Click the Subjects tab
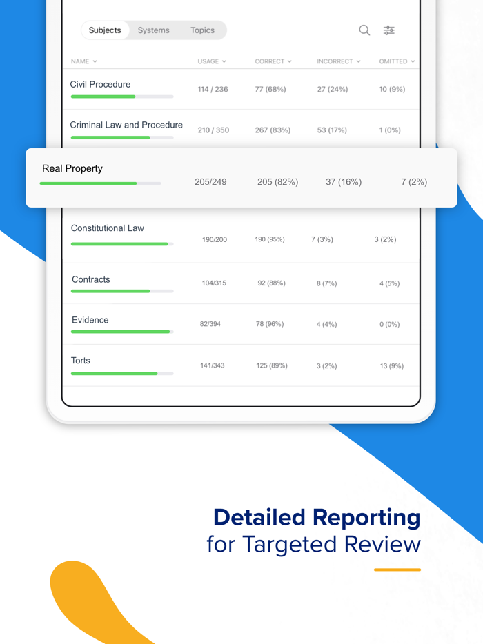pyautogui.click(x=105, y=30)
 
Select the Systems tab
pyautogui.click(x=153, y=30)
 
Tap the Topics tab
pyautogui.click(x=202, y=30)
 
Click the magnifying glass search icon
pyautogui.click(x=364, y=30)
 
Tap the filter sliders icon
pyautogui.click(x=389, y=30)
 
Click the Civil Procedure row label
pyautogui.click(x=100, y=84)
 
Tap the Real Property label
pyautogui.click(x=72, y=168)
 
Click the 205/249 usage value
pyautogui.click(x=210, y=182)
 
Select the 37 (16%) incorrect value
pyautogui.click(x=344, y=182)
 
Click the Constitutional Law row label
pyautogui.click(x=108, y=228)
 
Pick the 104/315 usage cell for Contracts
pyautogui.click(x=214, y=283)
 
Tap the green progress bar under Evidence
pyautogui.click(x=120, y=332)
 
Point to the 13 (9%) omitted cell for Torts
pyautogui.click(x=391, y=365)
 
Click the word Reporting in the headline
pyautogui.click(x=366, y=517)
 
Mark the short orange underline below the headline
pyautogui.click(x=397, y=570)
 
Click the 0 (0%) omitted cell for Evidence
pyautogui.click(x=389, y=324)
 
